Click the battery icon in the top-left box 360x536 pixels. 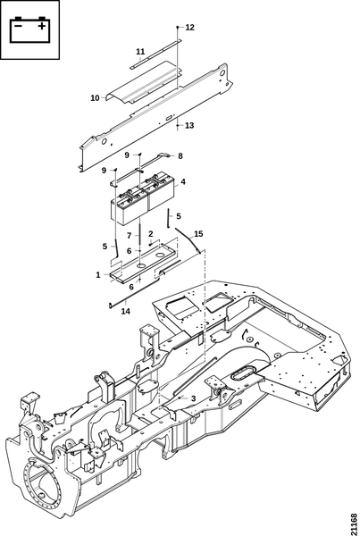[29, 29]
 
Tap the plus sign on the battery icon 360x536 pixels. [41, 26]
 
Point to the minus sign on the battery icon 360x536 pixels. [19, 26]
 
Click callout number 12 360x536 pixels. [189, 28]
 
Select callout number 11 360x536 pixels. [140, 52]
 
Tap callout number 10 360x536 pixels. [95, 98]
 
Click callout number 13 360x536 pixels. [189, 125]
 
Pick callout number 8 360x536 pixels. [180, 155]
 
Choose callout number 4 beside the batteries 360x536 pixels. [183, 181]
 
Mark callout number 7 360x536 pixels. [129, 236]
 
